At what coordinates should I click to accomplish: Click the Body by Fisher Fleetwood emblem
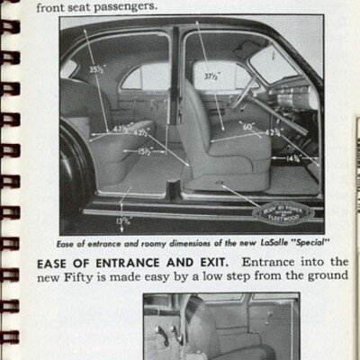[x=282, y=212]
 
